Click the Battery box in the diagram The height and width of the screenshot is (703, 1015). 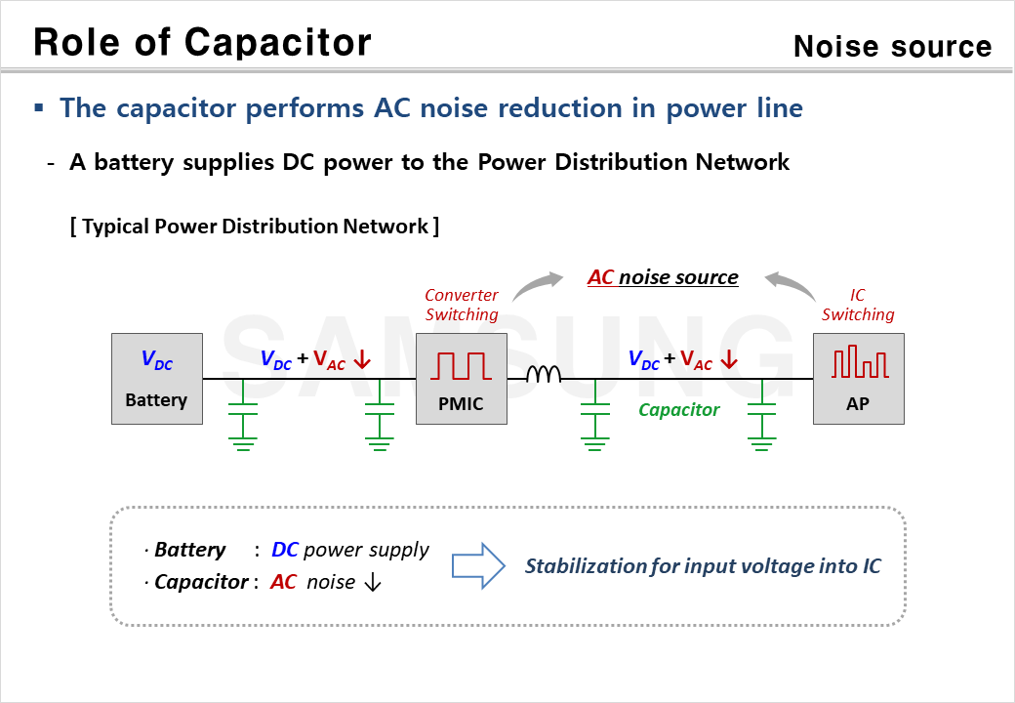pos(156,379)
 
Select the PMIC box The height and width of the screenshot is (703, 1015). pos(462,379)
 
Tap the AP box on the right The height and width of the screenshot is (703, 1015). pos(858,379)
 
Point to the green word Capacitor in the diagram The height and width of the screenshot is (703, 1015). pos(678,410)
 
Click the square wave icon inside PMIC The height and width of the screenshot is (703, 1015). pos(462,366)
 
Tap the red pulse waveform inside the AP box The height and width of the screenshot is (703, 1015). pos(859,361)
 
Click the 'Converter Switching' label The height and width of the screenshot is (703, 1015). pos(462,305)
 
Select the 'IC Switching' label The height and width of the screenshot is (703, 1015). pos(858,305)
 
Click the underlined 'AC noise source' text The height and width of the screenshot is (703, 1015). pos(663,277)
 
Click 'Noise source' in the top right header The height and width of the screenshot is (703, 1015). pos(892,46)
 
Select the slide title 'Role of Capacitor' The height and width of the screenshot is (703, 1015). pos(202,42)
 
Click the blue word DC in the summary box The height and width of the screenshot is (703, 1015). pos(285,550)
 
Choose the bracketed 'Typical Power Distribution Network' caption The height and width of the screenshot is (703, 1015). pos(254,227)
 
